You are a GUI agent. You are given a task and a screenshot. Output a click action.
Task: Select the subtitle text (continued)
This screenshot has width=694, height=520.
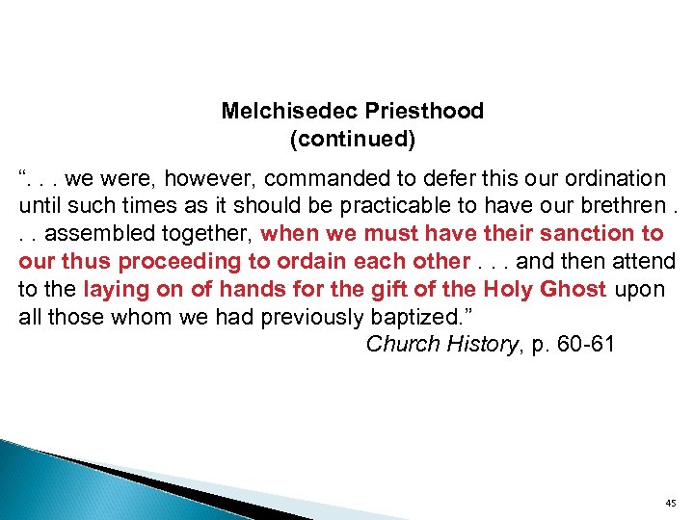(353, 140)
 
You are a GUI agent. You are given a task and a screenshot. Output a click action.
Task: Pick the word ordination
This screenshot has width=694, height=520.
(612, 179)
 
